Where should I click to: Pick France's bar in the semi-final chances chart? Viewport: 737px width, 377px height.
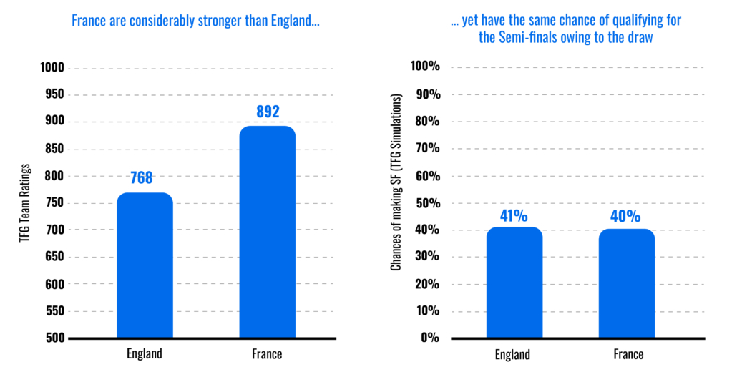627,283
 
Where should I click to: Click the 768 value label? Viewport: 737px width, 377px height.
142,177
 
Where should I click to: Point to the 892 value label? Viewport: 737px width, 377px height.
267,112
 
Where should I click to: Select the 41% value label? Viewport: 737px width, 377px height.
514,215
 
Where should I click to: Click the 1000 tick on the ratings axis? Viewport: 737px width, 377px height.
53,68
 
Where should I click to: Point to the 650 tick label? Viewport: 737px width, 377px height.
55,258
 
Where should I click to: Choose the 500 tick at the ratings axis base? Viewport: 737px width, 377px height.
55,338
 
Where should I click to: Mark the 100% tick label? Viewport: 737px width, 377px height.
425,67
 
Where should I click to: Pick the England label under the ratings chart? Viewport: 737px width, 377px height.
144,353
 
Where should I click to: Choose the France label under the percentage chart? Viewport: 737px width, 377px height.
628,354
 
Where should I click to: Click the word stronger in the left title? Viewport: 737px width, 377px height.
218,21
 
